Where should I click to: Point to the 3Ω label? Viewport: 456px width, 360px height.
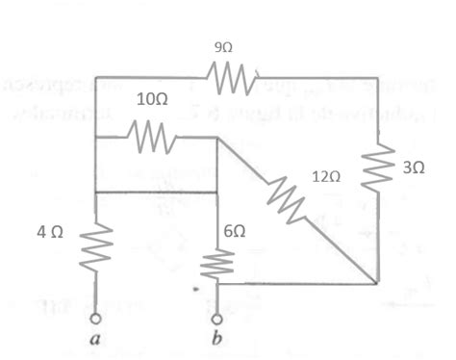pyautogui.click(x=414, y=167)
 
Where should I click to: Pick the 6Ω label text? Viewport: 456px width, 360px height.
pyautogui.click(x=235, y=232)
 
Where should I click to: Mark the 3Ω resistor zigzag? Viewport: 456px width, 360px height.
pyautogui.click(x=380, y=166)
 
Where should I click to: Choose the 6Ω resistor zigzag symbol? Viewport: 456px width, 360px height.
pyautogui.click(x=217, y=263)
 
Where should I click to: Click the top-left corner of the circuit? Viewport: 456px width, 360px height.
pyautogui.click(x=95, y=74)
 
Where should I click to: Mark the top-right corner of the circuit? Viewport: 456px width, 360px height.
pyautogui.click(x=380, y=74)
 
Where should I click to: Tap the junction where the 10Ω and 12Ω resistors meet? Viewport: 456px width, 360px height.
pyautogui.click(x=217, y=137)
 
